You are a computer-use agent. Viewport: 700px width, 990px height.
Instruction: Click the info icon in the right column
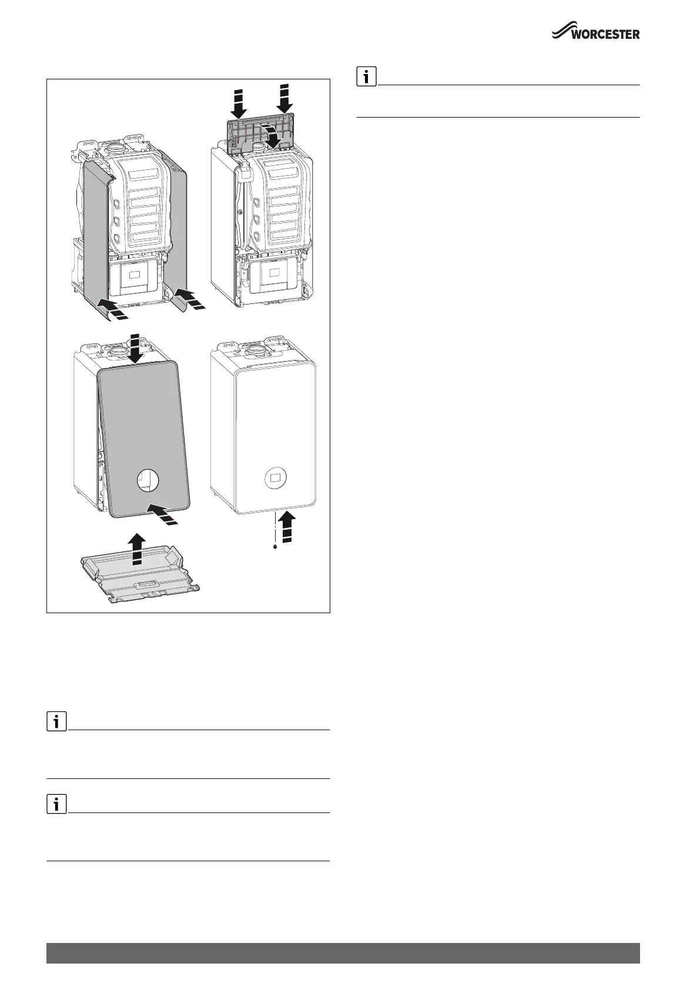[x=366, y=77]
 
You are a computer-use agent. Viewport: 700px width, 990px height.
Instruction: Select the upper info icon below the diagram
[x=56, y=722]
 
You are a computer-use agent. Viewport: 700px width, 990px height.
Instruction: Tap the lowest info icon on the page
[x=56, y=805]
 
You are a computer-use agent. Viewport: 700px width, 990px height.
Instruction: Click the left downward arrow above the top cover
[x=239, y=103]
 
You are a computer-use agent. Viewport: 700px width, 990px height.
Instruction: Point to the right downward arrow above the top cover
[x=285, y=98]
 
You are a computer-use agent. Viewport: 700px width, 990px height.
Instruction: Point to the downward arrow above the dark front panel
[x=136, y=350]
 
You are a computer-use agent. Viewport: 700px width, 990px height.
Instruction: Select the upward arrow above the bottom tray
[x=136, y=548]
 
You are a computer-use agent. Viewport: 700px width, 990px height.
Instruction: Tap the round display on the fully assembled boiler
[x=274, y=479]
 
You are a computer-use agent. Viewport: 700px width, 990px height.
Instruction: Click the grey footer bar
[x=343, y=952]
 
